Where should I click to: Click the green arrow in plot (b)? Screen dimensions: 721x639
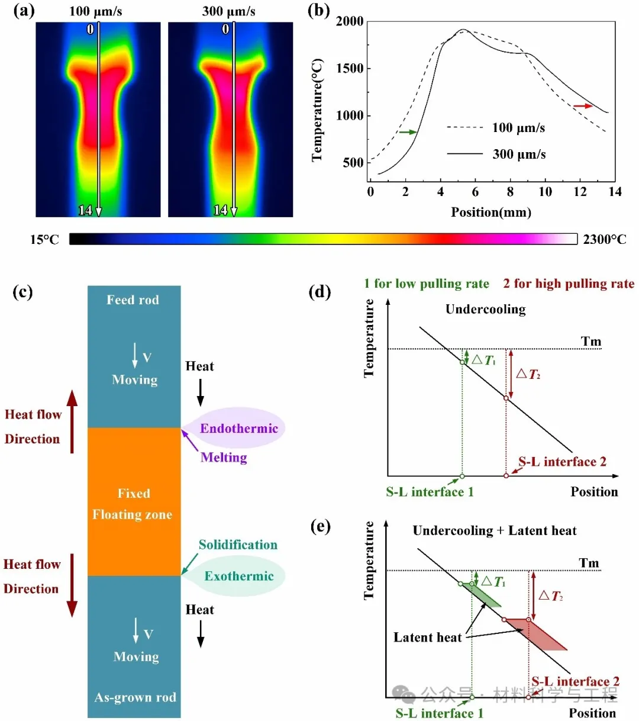(408, 132)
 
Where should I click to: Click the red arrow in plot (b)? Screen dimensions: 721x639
(583, 106)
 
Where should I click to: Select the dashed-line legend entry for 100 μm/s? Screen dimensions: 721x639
(496, 127)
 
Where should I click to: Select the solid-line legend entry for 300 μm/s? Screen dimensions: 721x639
(496, 154)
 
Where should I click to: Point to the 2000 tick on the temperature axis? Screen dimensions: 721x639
(350, 21)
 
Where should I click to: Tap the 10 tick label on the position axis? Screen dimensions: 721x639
(545, 192)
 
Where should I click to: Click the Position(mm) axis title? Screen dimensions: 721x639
(491, 212)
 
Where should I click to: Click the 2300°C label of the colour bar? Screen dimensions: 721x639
(604, 239)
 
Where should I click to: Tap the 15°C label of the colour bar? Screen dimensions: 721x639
(44, 239)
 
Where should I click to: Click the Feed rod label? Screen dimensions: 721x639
(133, 300)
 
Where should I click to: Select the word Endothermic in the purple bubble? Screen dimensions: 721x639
(239, 429)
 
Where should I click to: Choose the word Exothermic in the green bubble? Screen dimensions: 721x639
(239, 576)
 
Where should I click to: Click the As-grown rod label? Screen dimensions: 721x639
(135, 697)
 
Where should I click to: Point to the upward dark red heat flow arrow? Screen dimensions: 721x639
(72, 421)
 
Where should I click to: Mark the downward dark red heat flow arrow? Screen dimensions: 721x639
(72, 585)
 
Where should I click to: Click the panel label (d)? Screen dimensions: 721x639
(319, 292)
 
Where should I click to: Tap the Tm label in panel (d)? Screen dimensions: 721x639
(590, 342)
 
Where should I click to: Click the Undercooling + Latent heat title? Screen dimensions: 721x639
(494, 530)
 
